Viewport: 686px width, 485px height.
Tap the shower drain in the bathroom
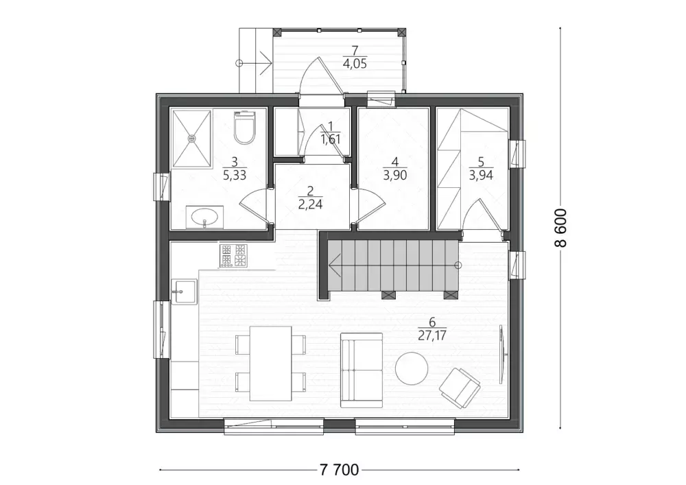(191, 138)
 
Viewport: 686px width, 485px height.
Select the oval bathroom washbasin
(204, 217)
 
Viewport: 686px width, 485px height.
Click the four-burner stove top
(233, 255)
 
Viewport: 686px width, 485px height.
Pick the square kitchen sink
(184, 292)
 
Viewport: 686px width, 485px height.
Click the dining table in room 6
(270, 364)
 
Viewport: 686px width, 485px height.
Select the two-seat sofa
(362, 370)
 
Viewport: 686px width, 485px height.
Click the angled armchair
(460, 388)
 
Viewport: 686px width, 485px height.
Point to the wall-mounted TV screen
(502, 354)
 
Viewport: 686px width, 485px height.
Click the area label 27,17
(431, 335)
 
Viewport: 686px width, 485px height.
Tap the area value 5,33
(235, 176)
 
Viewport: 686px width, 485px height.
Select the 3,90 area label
(395, 176)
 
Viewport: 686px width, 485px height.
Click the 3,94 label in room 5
(481, 176)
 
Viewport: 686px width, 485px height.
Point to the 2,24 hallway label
(310, 204)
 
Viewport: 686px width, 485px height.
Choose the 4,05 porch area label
(355, 64)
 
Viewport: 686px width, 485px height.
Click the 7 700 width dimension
(339, 470)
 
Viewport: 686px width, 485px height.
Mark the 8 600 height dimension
(560, 228)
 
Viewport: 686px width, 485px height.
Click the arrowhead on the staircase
(335, 265)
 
